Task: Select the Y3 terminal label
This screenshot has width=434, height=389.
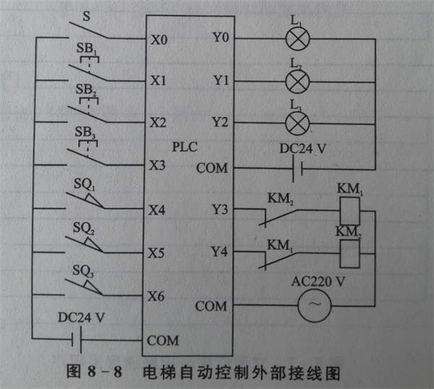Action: (x=220, y=210)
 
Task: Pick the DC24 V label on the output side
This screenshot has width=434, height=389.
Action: (x=303, y=150)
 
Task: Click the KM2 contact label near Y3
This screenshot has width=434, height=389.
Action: (x=280, y=197)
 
